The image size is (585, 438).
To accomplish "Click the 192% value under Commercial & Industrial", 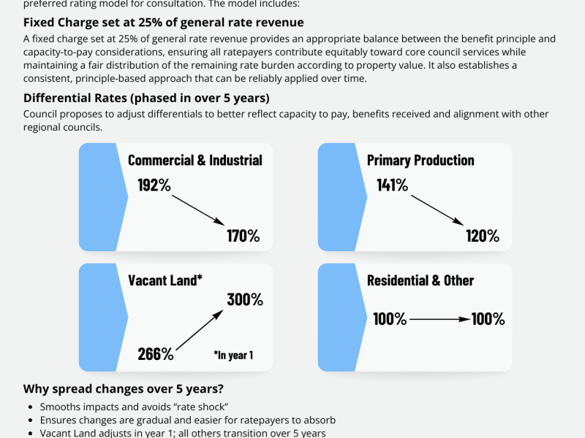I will (154, 185).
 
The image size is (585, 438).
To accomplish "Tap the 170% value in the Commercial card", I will (243, 236).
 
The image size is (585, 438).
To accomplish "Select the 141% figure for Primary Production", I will (393, 185).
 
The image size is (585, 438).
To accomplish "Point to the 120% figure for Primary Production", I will (483, 236).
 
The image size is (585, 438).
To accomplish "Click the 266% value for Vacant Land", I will (156, 354).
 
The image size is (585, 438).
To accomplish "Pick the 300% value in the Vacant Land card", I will (245, 299).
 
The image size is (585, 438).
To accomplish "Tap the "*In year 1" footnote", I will (233, 356).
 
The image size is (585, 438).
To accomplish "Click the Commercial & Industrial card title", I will (195, 160).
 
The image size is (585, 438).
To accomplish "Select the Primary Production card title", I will (420, 160).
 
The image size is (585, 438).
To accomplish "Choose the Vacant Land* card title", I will (165, 280).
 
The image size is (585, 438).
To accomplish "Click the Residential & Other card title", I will (420, 280).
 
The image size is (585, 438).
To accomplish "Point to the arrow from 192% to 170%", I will (198, 210).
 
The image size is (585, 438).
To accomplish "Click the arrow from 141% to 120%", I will (437, 210).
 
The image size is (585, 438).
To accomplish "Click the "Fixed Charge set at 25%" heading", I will (164, 23).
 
